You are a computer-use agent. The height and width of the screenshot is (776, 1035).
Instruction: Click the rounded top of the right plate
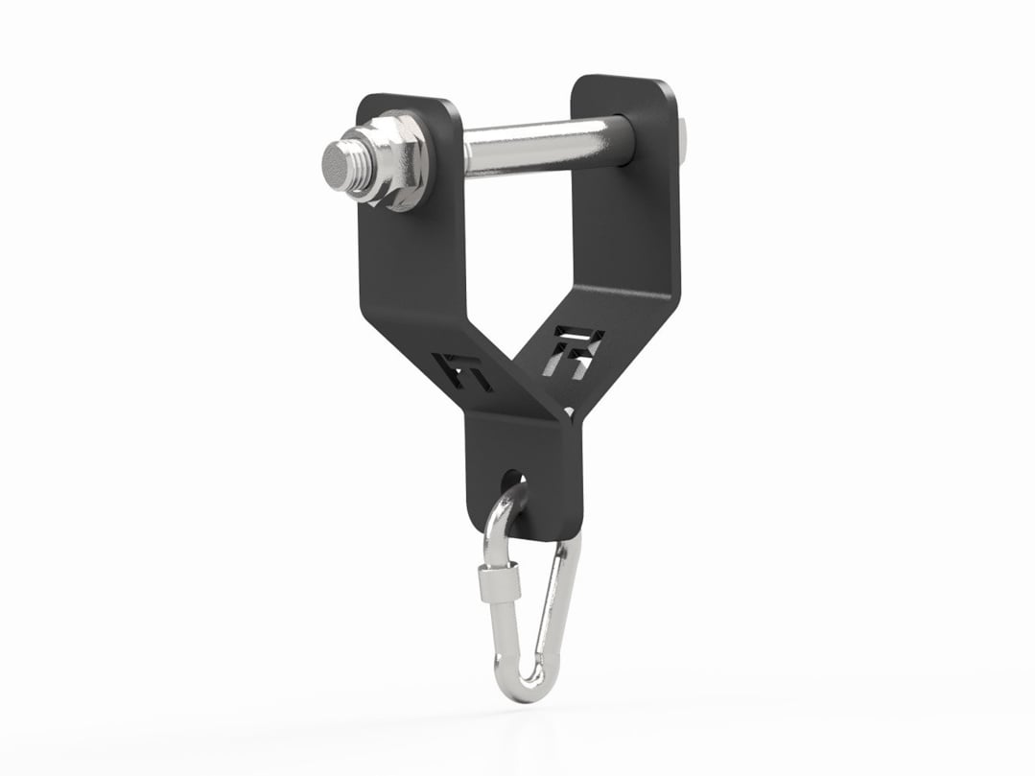click(x=623, y=81)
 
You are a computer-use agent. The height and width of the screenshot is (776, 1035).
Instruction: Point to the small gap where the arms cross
click(x=570, y=412)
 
